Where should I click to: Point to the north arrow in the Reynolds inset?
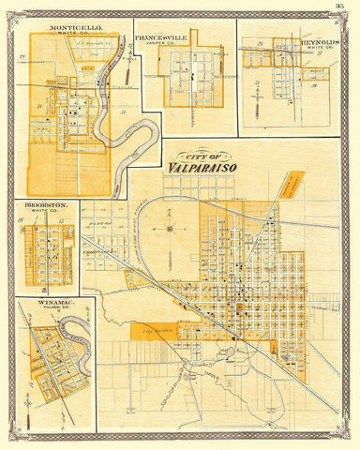(x=254, y=97)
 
